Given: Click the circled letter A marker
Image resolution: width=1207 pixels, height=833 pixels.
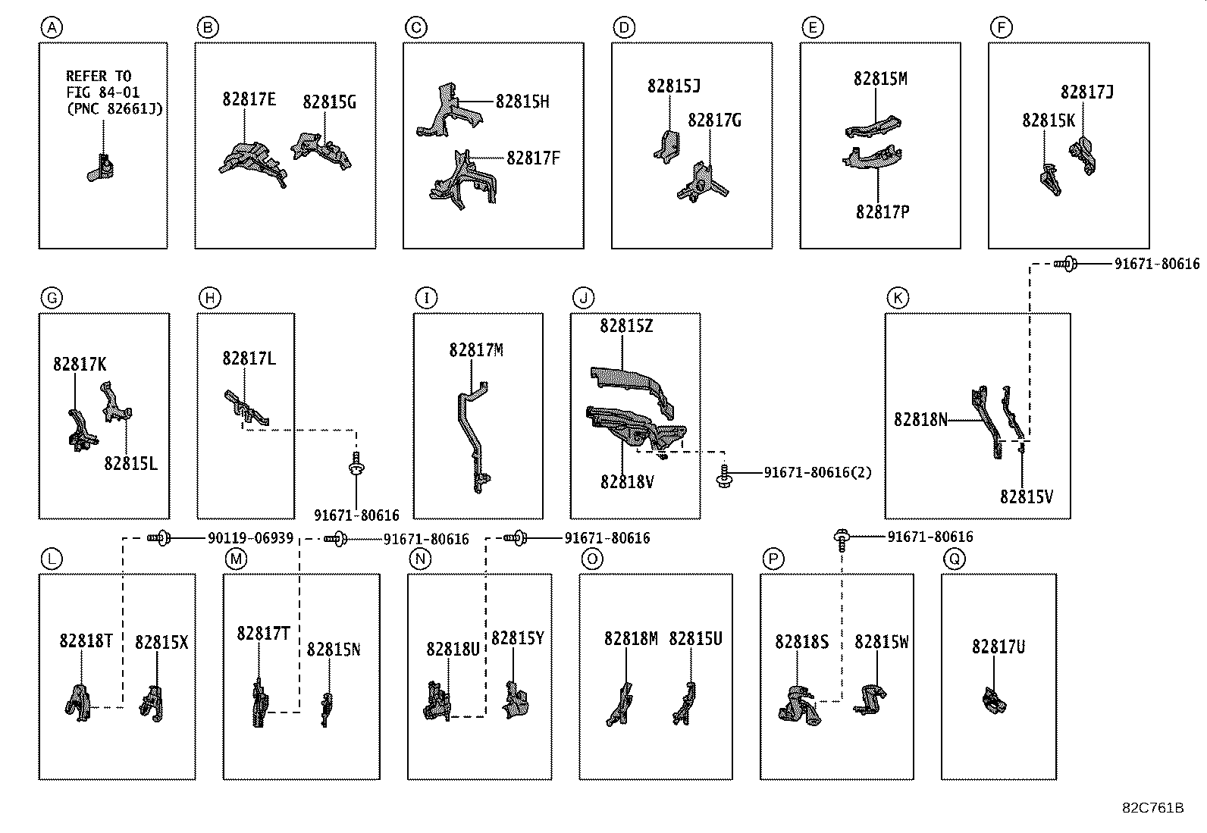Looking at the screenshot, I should click(51, 29).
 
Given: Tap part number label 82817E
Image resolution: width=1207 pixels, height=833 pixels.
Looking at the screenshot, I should click(249, 99).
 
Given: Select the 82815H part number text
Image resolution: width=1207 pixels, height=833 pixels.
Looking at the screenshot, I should click(522, 102).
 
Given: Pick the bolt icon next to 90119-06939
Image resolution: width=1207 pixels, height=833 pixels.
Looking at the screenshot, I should click(160, 537).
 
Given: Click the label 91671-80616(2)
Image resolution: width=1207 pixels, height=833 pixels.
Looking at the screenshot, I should click(817, 472).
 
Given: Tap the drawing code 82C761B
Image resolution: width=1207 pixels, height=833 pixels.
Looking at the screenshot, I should click(1152, 807).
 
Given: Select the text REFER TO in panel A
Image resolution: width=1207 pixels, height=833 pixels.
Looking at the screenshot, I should click(99, 76).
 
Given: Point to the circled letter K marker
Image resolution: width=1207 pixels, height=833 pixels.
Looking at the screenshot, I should click(898, 298).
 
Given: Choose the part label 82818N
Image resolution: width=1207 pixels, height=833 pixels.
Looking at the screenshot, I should click(920, 419).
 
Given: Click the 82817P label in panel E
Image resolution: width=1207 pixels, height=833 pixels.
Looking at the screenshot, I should click(883, 212).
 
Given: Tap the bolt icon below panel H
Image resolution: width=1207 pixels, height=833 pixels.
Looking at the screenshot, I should click(356, 464).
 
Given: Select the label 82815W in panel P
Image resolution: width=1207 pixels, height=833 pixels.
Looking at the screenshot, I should click(881, 642).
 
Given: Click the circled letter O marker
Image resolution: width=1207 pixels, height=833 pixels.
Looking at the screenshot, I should click(592, 559).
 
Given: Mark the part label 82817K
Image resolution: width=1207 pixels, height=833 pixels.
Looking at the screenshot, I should click(80, 365).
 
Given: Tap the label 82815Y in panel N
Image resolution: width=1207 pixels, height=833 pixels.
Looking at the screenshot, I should click(517, 638).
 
